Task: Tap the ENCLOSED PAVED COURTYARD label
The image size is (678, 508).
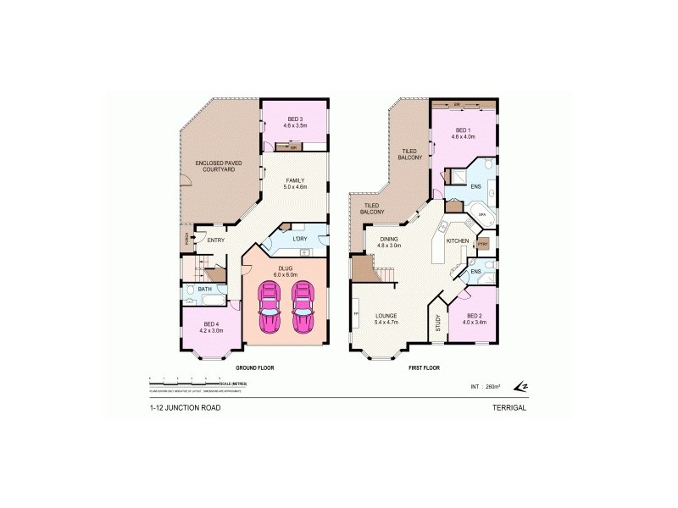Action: tap(214, 166)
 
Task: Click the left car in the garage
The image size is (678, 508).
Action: tap(270, 309)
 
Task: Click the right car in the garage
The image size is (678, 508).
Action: tap(303, 309)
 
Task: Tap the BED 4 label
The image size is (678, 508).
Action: tap(211, 325)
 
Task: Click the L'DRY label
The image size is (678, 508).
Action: tap(299, 239)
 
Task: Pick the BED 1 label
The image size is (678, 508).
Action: tap(463, 131)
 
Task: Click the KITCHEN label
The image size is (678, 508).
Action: tap(458, 241)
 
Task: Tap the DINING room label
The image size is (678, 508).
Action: tap(390, 241)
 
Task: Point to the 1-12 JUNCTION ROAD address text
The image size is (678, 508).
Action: tap(185, 408)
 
